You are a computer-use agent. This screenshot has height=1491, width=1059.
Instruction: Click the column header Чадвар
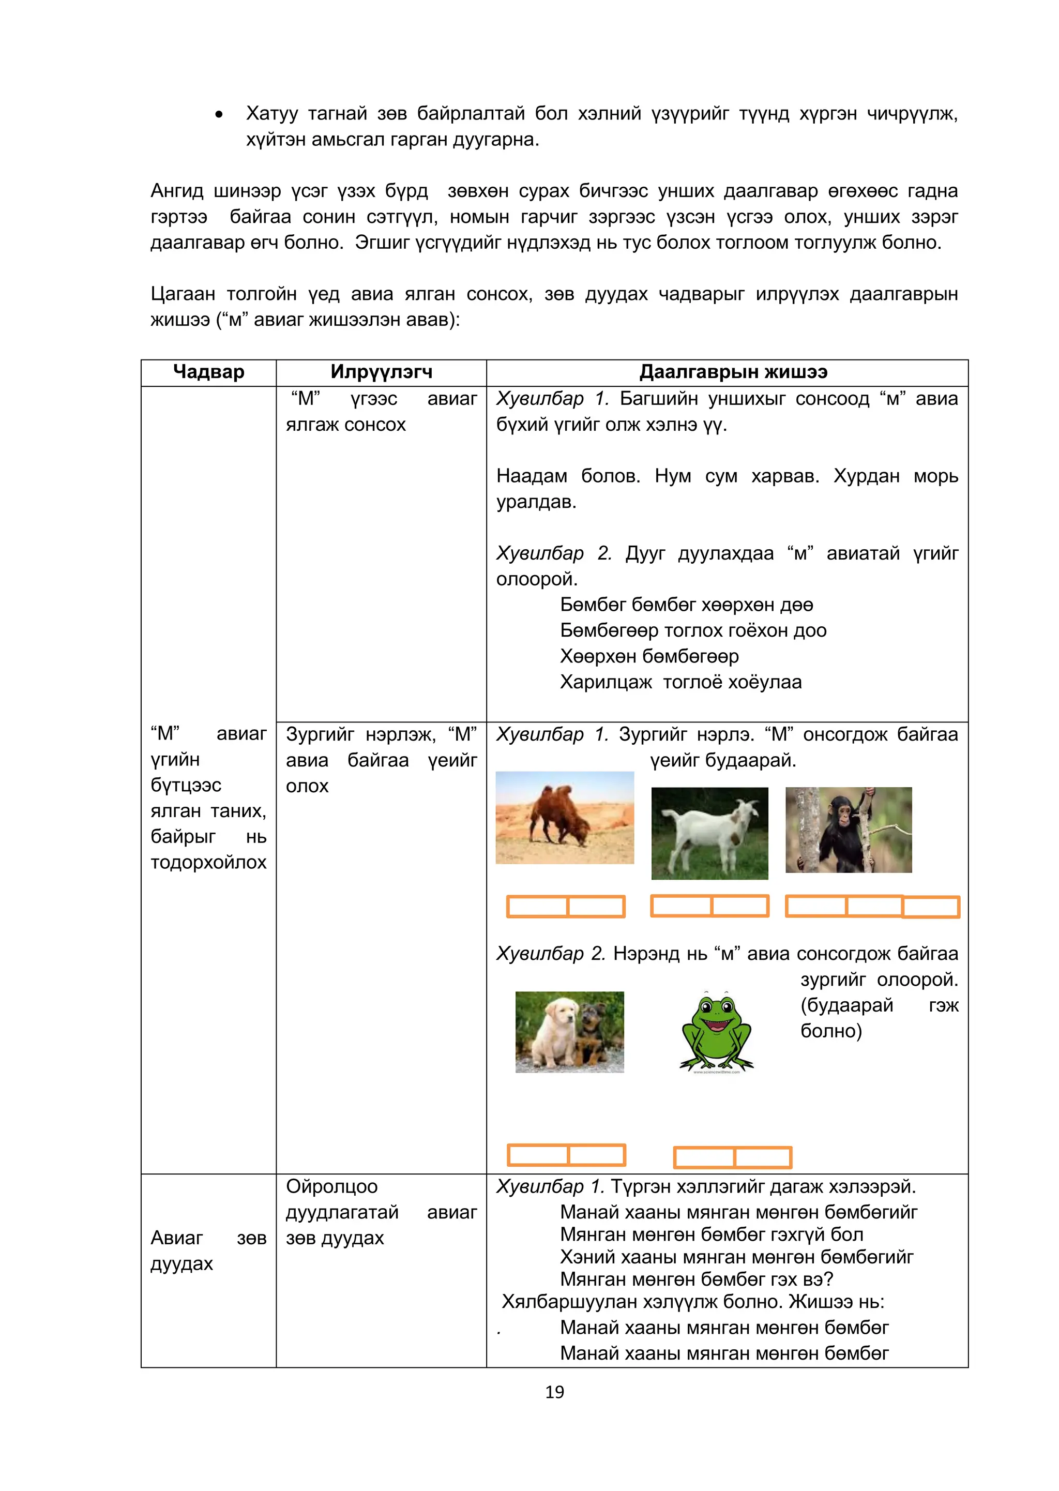coord(209,372)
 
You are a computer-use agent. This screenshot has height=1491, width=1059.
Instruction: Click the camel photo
coord(565,817)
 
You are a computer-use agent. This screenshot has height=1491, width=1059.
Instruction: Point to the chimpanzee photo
coord(849,830)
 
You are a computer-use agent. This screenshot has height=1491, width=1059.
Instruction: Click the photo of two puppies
coord(569,1032)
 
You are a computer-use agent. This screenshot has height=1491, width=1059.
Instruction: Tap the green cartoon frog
coord(716,1032)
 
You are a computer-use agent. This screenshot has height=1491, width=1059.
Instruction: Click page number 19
coord(554,1392)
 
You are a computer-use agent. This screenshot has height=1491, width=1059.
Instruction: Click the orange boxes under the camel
coord(565,907)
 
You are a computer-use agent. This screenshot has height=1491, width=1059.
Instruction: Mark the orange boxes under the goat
coord(709,906)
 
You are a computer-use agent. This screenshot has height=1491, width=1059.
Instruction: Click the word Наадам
coord(532,476)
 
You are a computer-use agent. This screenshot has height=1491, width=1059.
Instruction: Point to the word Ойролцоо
coord(331,1186)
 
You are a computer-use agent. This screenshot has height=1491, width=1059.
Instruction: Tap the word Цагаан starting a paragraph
coord(183,294)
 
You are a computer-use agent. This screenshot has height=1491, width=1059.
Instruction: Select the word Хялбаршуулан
coord(569,1302)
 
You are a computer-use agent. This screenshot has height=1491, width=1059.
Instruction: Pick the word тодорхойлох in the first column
coord(209,862)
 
